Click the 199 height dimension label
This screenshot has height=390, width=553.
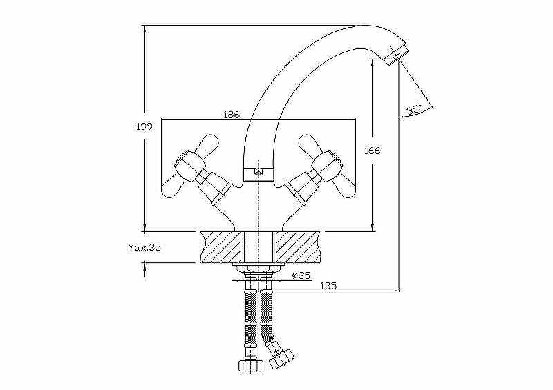(x=144, y=126)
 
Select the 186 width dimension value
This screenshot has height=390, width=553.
(x=232, y=115)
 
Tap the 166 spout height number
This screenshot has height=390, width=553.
(x=373, y=150)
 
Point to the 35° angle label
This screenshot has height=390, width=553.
(x=414, y=109)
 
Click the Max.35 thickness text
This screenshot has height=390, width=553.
(x=144, y=247)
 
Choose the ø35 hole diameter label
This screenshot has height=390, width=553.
(x=301, y=275)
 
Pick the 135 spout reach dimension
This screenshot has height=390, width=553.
(x=328, y=285)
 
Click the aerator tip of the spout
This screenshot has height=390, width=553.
(x=395, y=56)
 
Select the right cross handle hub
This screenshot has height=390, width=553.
(x=327, y=164)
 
